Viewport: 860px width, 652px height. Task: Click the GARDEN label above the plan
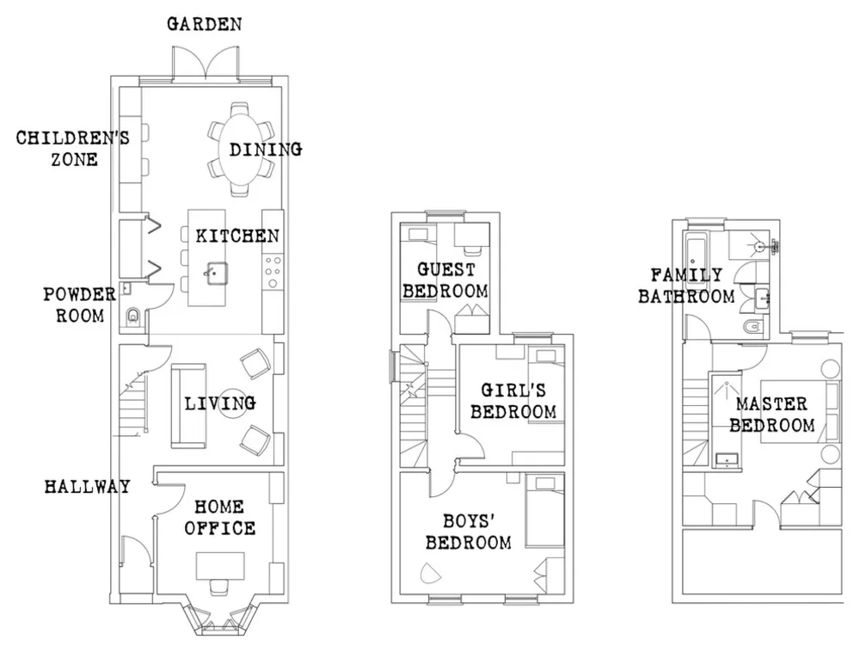[x=204, y=24]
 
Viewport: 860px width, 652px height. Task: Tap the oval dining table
[x=240, y=149]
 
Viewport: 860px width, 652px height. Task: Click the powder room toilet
[x=132, y=317]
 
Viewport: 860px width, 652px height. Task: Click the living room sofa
[x=188, y=406]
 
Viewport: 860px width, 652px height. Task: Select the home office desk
[x=220, y=566]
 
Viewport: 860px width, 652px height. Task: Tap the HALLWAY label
[x=87, y=486]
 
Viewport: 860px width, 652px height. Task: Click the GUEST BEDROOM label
[x=445, y=280]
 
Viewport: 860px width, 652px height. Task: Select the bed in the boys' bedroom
[x=544, y=510]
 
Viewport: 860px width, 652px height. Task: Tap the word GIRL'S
[x=513, y=390]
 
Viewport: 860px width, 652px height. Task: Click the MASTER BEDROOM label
[x=771, y=415]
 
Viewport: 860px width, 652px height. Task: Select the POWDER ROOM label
[x=80, y=304]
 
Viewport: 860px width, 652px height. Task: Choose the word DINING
[x=266, y=149]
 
